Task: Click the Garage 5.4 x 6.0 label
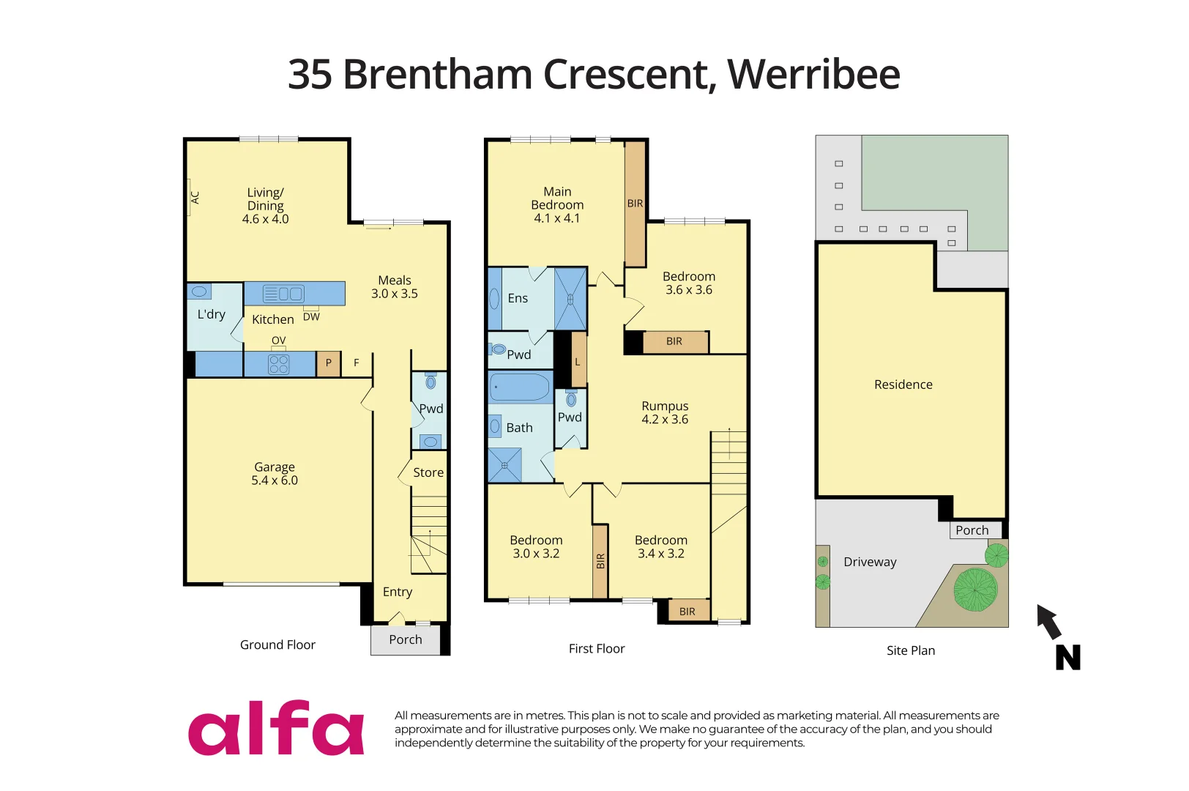[275, 474]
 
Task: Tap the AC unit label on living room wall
[195, 197]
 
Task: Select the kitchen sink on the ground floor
[283, 294]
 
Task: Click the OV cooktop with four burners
[279, 364]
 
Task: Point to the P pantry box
[329, 363]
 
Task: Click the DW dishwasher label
[311, 317]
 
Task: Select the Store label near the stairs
[428, 473]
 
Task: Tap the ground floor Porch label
[406, 639]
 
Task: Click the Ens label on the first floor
[518, 298]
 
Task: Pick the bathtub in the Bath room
[520, 387]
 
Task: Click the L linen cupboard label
[578, 362]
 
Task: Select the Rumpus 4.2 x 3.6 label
[665, 412]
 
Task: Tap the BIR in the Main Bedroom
[635, 204]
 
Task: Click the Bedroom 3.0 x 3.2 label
[536, 546]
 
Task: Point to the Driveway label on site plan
[870, 562]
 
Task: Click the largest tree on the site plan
[975, 589]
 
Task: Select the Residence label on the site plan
[903, 385]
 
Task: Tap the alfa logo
[276, 728]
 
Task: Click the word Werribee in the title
[813, 74]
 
